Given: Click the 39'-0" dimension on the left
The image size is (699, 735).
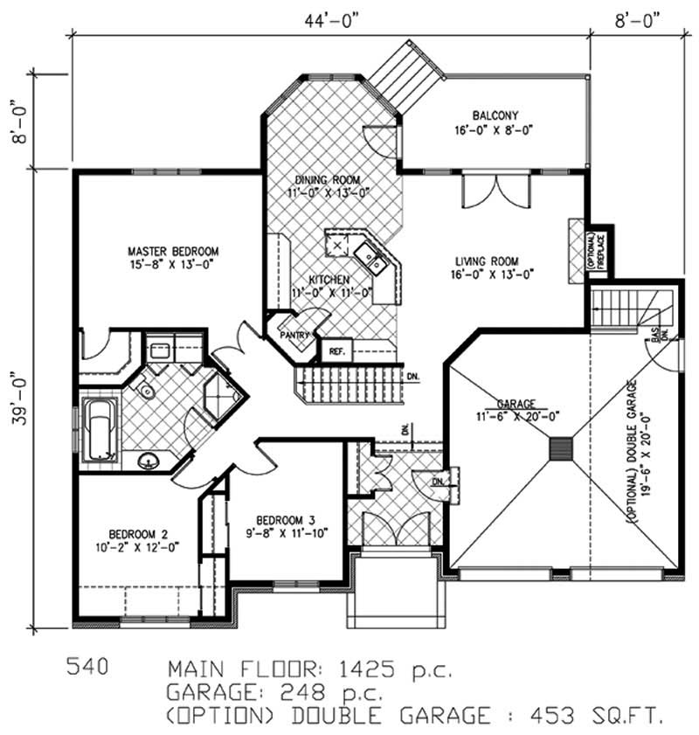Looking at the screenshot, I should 15,398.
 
